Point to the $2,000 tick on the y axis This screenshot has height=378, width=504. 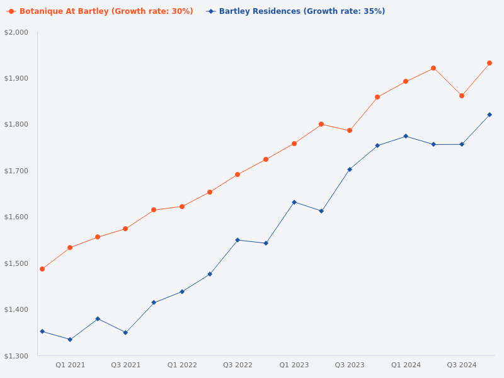coord(16,32)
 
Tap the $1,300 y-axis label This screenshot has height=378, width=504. coord(16,356)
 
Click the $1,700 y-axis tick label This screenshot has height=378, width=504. coord(16,171)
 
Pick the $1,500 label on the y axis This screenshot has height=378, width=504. coord(16,263)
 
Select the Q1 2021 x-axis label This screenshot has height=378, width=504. coord(70,365)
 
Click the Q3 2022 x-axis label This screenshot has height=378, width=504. coord(238,365)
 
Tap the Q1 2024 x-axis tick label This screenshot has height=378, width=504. coord(406,365)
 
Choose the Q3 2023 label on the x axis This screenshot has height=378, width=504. coord(350,365)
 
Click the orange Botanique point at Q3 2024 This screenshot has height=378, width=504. coord(462,96)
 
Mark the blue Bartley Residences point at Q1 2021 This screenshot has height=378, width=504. coord(70,340)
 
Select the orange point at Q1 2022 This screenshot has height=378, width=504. coord(182,207)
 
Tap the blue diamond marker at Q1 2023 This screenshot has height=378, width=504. coord(294,202)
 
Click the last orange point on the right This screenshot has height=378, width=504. coord(490,63)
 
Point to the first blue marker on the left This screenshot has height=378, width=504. coord(42,331)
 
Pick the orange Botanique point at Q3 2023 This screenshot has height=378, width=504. coord(350,130)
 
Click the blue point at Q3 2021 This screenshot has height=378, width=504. coord(125,333)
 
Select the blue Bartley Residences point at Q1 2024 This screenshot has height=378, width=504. coord(406,136)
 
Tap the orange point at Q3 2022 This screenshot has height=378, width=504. coord(238,175)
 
